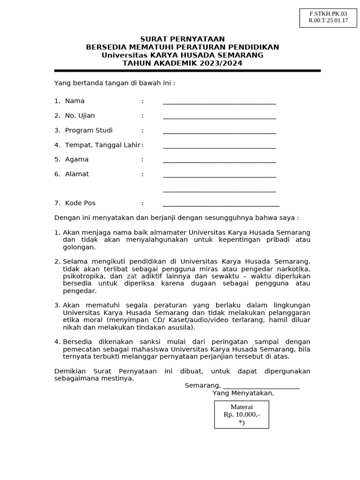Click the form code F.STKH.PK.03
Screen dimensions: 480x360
[x=328, y=14]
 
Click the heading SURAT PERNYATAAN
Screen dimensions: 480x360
[x=182, y=39]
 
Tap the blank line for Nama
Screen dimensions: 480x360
[x=219, y=102]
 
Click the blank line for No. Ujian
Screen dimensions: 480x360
[x=219, y=117]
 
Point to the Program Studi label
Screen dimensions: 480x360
[x=89, y=130]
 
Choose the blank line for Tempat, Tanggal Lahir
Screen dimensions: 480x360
[x=219, y=146]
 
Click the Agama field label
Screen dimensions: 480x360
[x=76, y=159]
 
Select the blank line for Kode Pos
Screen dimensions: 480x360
[x=221, y=204]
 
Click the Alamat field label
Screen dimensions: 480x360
[x=77, y=174]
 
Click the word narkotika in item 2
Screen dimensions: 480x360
[x=293, y=269]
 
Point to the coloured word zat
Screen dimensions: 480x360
[x=132, y=276]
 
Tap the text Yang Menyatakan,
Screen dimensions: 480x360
[x=243, y=393]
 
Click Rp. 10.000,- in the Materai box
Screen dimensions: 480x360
[x=241, y=414]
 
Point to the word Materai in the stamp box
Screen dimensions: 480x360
[x=241, y=407]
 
